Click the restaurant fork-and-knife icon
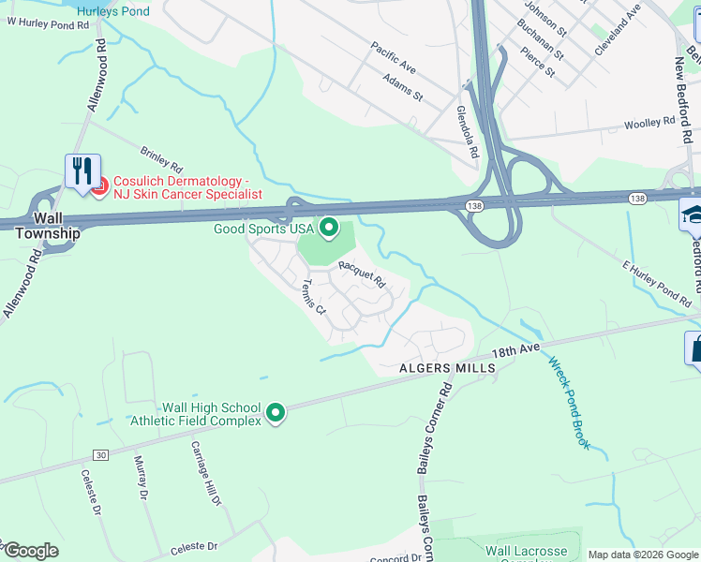coord(82,171)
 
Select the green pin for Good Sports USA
coord(328,227)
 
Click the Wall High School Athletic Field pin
coord(276,413)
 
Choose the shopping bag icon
coord(694,348)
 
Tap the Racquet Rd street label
coord(362,274)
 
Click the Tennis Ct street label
coord(313,297)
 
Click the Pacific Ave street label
coord(393,57)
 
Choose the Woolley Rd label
coord(649,122)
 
